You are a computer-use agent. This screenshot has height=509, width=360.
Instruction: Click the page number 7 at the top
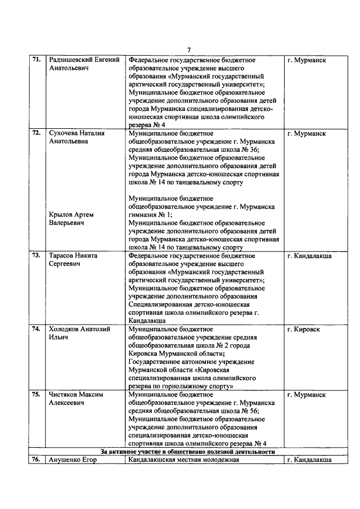pos(189,49)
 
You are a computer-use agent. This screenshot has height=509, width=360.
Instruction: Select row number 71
pos(35,60)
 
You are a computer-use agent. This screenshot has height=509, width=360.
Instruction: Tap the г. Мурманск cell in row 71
pos(306,60)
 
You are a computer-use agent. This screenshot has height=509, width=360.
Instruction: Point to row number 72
pos(35,133)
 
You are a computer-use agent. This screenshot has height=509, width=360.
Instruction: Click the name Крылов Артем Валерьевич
pos(71,219)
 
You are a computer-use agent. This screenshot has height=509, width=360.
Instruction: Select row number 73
pos(35,255)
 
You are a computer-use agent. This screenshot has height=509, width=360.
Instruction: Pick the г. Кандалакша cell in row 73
pos(309,255)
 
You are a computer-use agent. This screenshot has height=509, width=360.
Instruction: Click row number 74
pos(35,329)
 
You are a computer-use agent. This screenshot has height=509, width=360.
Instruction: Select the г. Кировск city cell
pos(303,329)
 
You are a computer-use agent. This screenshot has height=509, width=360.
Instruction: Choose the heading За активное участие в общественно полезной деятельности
pos(187,452)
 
